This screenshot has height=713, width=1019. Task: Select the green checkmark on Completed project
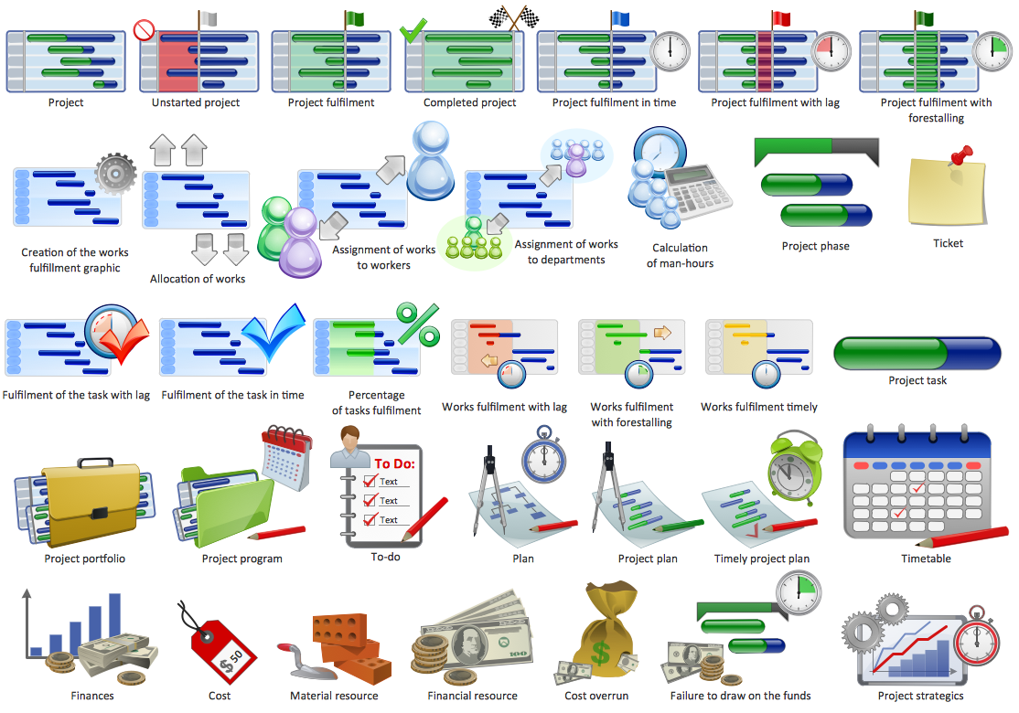pyautogui.click(x=413, y=31)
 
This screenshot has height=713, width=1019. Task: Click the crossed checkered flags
pyautogui.click(x=513, y=17)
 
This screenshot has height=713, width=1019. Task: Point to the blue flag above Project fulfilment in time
pyautogui.click(x=620, y=17)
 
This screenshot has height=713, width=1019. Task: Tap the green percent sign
pyautogui.click(x=417, y=325)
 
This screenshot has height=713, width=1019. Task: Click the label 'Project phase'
pyautogui.click(x=815, y=246)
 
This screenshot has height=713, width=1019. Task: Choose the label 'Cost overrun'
pyautogui.click(x=596, y=696)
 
